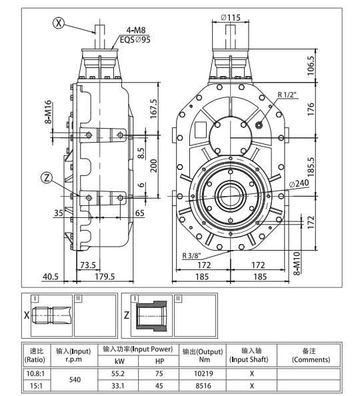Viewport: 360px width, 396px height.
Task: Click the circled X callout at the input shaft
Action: point(59,21)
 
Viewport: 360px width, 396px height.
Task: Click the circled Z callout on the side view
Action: point(46,177)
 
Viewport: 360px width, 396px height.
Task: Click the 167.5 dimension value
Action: point(153,109)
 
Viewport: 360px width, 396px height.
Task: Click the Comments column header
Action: point(306,355)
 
